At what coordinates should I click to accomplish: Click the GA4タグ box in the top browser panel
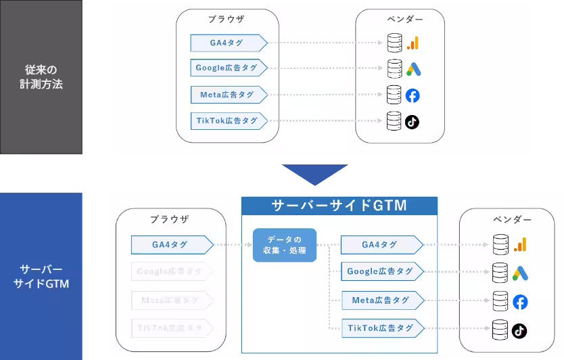(x=227, y=43)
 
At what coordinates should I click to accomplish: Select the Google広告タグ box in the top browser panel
(x=227, y=68)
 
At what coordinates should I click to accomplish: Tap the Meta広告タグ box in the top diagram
(x=227, y=95)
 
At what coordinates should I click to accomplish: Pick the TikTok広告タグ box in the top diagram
(x=227, y=121)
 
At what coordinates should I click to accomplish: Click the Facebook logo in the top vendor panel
(x=413, y=95)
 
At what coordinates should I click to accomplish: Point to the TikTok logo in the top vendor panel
(x=412, y=122)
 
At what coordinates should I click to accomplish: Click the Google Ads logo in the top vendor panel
(x=413, y=68)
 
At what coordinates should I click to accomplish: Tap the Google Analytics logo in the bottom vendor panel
(x=519, y=245)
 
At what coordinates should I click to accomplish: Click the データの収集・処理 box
(x=284, y=245)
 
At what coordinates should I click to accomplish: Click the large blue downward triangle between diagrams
(x=314, y=173)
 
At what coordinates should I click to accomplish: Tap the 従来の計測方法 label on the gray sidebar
(x=41, y=77)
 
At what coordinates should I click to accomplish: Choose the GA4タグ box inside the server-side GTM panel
(x=379, y=245)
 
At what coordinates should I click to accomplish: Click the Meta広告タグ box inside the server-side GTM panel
(x=380, y=300)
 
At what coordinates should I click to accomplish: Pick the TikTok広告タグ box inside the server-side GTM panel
(x=380, y=328)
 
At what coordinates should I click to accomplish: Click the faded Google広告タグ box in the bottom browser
(x=169, y=272)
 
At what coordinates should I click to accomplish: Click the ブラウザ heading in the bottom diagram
(x=169, y=219)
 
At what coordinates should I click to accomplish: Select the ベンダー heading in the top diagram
(x=399, y=20)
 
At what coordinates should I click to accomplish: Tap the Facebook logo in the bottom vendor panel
(x=519, y=302)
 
